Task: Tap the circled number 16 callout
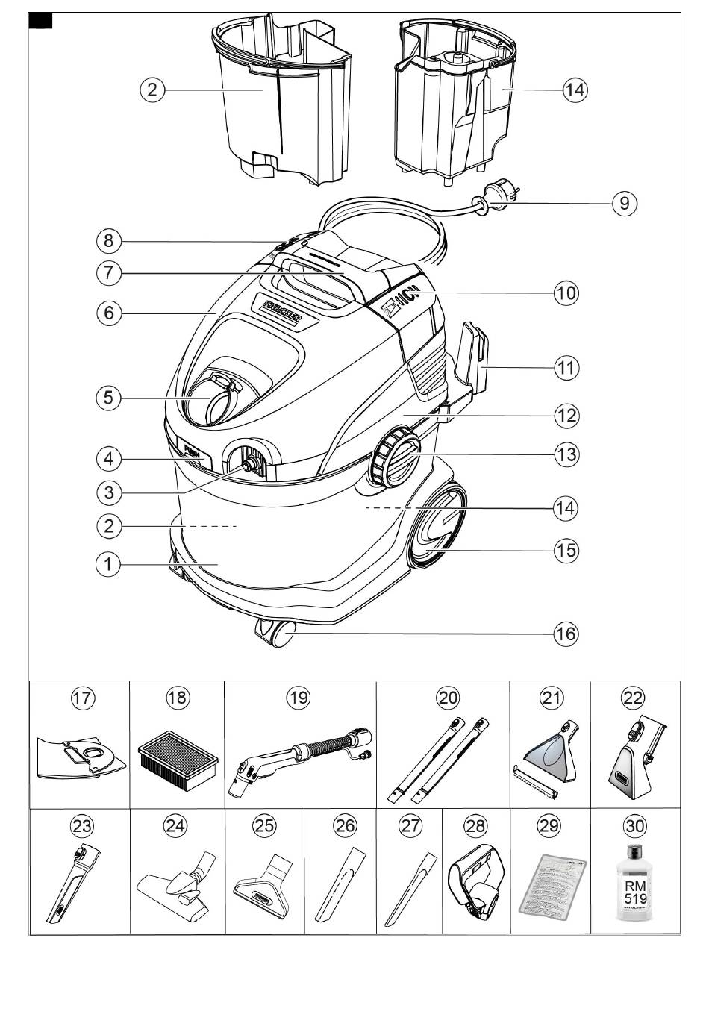click(565, 634)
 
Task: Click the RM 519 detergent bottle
click(635, 884)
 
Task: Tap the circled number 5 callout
click(109, 397)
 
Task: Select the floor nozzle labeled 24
click(178, 884)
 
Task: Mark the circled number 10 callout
click(566, 293)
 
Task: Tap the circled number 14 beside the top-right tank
click(574, 90)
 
